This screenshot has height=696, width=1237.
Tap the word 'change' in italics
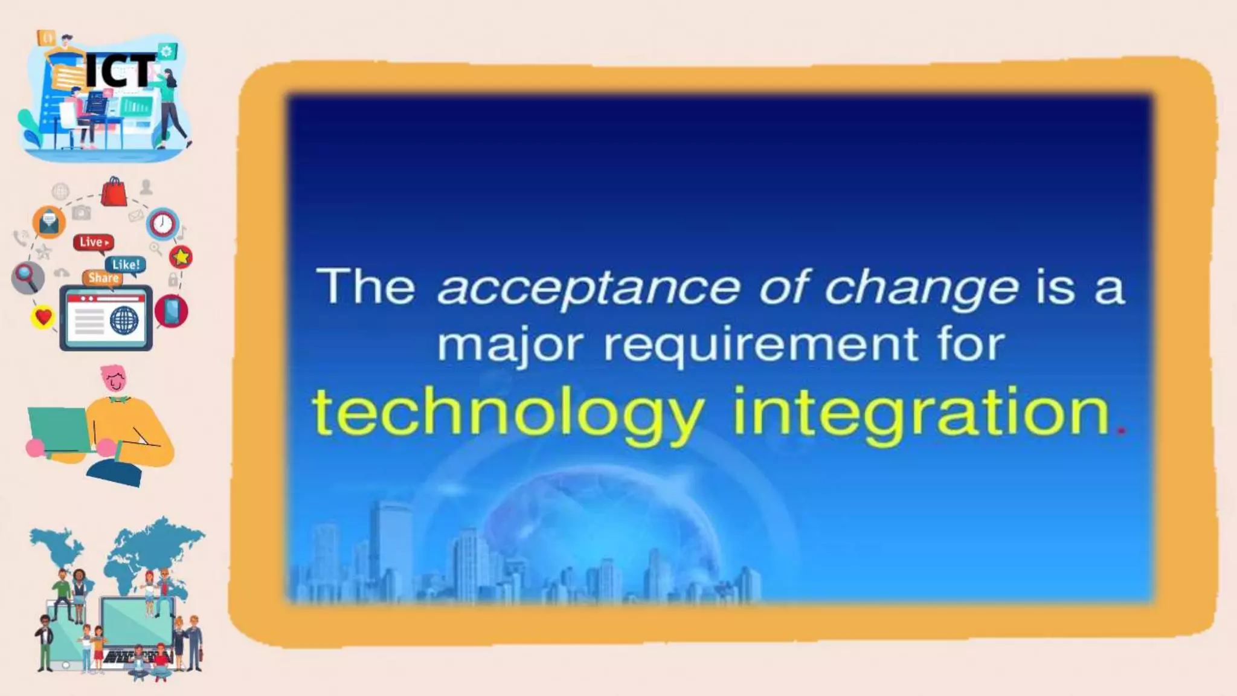pos(921,288)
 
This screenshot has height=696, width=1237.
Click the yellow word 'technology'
pos(508,413)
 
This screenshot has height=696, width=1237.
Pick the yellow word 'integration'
pos(921,413)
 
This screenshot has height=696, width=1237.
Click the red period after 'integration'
pos(1122,430)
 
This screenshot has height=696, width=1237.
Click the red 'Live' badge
pos(94,242)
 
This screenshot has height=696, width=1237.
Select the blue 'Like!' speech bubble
pos(126,265)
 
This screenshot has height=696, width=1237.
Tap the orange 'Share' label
pos(103,278)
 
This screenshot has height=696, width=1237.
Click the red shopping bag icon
pos(114,192)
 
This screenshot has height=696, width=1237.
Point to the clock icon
pos(162,224)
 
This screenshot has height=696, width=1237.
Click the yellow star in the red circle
pos(181,257)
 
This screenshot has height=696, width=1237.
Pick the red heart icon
pos(43,317)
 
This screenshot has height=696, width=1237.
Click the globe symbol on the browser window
pos(124,320)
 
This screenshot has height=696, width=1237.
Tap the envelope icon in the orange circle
pos(49,222)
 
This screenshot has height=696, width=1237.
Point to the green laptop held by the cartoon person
pos(57,428)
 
